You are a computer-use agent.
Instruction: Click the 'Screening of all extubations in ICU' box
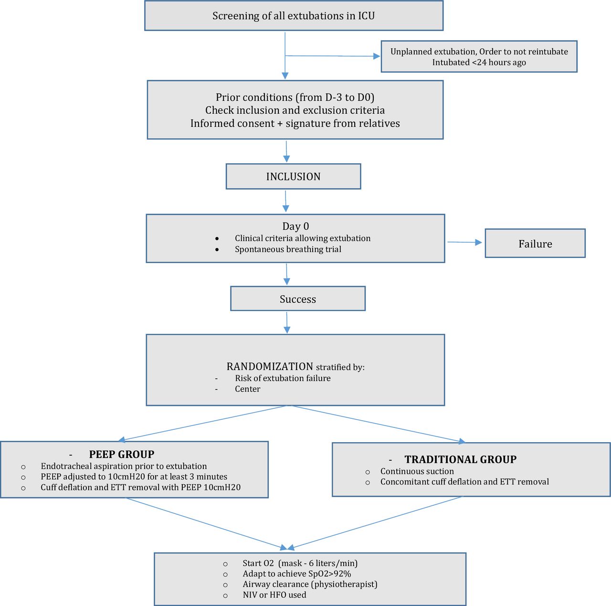click(294, 16)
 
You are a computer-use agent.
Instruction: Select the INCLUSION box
click(293, 176)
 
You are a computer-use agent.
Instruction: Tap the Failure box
click(535, 244)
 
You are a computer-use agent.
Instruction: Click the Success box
click(298, 298)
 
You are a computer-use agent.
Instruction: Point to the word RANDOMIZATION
click(270, 366)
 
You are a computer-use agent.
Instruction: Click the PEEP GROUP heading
click(121, 454)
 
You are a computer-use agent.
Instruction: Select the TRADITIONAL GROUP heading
click(460, 459)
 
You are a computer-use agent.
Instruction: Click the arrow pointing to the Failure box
click(464, 243)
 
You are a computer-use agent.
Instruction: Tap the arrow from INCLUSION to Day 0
click(285, 201)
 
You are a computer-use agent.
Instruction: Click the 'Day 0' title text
click(295, 226)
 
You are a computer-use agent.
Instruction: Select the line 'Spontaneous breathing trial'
click(288, 249)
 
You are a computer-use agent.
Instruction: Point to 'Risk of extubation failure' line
click(283, 378)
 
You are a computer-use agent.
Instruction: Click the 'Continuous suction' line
click(417, 471)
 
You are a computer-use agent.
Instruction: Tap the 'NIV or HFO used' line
click(274, 595)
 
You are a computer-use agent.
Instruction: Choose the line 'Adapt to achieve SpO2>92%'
click(297, 574)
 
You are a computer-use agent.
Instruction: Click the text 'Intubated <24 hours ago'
click(479, 62)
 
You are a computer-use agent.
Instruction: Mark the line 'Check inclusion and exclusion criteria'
click(295, 110)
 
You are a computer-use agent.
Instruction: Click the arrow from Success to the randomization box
click(287, 323)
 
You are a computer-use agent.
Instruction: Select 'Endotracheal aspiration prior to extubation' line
click(124, 466)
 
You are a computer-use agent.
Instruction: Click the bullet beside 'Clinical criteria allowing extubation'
click(217, 239)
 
